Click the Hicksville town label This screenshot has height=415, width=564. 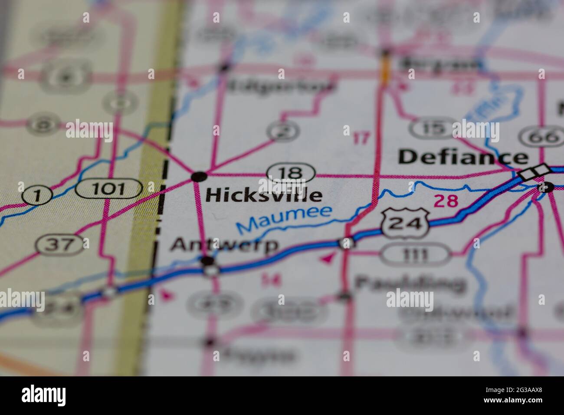tap(264, 195)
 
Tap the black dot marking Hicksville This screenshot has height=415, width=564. tap(199, 176)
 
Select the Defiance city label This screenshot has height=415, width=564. tap(463, 157)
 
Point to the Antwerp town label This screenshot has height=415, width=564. tap(224, 245)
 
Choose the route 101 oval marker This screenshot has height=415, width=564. tap(109, 189)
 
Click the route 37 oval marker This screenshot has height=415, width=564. tap(61, 245)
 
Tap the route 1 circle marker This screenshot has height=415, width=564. tap(37, 196)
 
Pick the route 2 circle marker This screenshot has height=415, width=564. tap(284, 130)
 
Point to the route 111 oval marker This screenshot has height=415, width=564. tap(415, 255)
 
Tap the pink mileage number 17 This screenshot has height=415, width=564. tap(361, 138)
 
